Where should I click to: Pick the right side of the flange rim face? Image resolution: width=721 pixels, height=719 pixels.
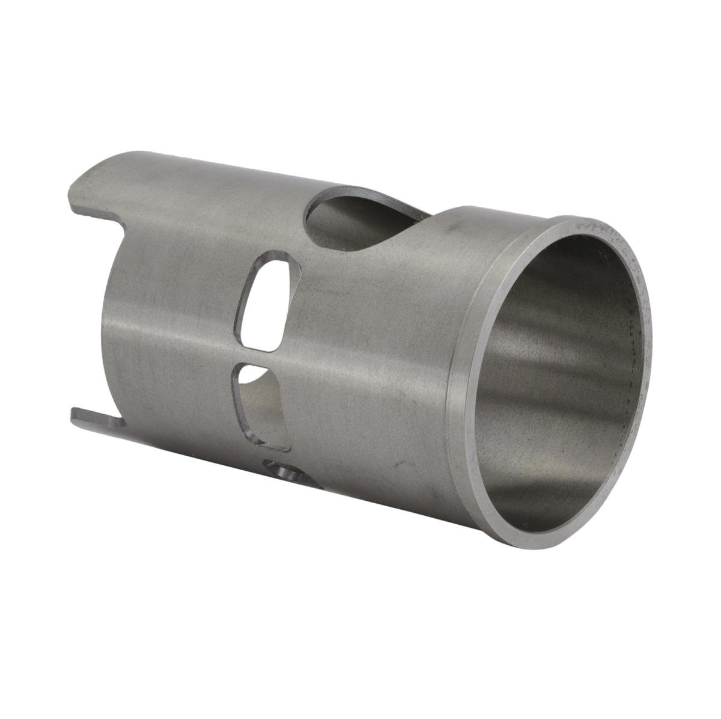646,337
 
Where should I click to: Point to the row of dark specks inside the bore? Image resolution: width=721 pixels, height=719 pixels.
631,361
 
